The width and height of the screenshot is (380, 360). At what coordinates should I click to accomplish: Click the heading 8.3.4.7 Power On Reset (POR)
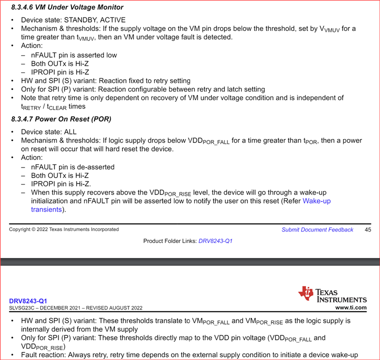(x=61, y=119)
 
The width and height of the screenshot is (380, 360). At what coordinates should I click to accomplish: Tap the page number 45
(x=367, y=229)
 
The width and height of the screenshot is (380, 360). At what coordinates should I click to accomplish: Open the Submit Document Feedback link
(x=317, y=229)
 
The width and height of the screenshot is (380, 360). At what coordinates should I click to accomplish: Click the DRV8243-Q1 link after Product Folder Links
(x=215, y=241)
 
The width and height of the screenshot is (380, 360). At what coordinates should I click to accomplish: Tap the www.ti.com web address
(x=351, y=307)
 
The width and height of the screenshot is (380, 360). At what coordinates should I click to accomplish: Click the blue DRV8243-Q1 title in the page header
(x=28, y=301)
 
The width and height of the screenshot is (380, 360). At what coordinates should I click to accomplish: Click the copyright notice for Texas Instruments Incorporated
(x=63, y=229)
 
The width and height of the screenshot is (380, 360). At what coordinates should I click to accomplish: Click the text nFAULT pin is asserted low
(x=74, y=55)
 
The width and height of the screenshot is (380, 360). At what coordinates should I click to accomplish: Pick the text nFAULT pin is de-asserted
(x=73, y=166)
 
